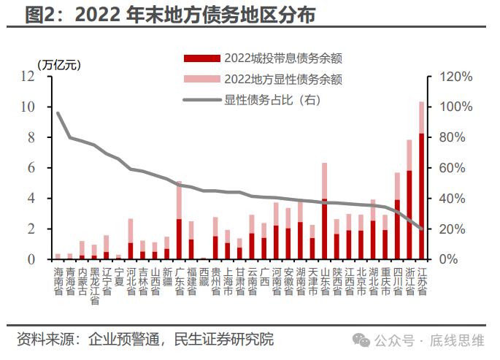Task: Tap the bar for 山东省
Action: coord(324,219)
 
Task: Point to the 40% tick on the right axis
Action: coord(453,199)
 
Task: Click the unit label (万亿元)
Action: coord(58,64)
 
